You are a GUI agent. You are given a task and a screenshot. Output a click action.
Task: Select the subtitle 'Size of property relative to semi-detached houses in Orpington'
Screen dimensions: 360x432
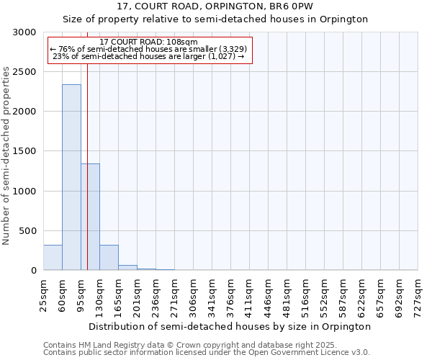[215, 19]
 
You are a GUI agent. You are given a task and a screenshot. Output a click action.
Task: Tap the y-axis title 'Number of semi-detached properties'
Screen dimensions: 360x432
[7, 156]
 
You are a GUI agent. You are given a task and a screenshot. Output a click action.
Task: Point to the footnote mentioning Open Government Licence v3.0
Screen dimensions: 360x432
[207, 353]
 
